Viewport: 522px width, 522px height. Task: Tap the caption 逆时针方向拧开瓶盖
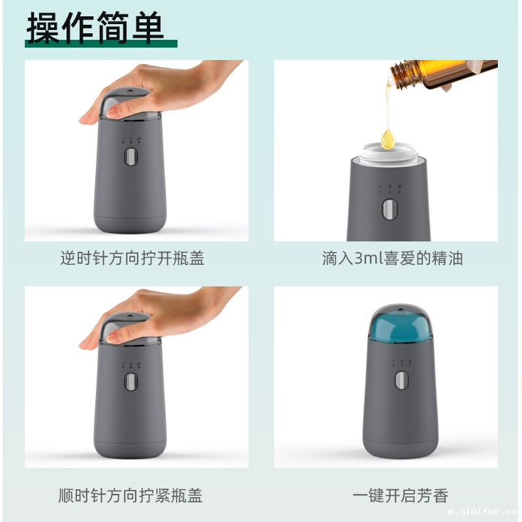(x=132, y=258)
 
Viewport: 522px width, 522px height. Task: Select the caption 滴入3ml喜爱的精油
(x=392, y=258)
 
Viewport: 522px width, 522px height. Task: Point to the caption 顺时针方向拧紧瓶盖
(x=132, y=495)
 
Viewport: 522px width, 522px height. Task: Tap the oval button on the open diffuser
(x=390, y=209)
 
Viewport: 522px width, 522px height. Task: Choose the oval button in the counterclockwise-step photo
(x=130, y=158)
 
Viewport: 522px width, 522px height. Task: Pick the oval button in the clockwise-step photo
(x=130, y=382)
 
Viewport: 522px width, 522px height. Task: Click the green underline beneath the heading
(x=101, y=43)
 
